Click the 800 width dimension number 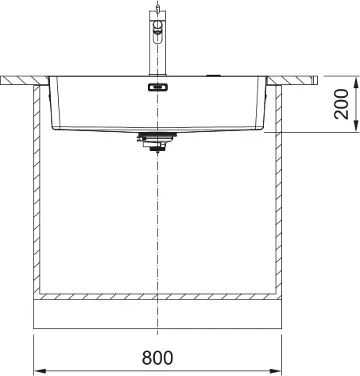[x=157, y=358]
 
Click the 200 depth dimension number [x=341, y=104]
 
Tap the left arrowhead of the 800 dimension [x=41, y=370]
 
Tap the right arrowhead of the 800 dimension [x=275, y=370]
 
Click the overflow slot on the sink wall [x=157, y=87]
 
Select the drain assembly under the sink [x=157, y=142]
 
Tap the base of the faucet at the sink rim [x=157, y=75]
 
